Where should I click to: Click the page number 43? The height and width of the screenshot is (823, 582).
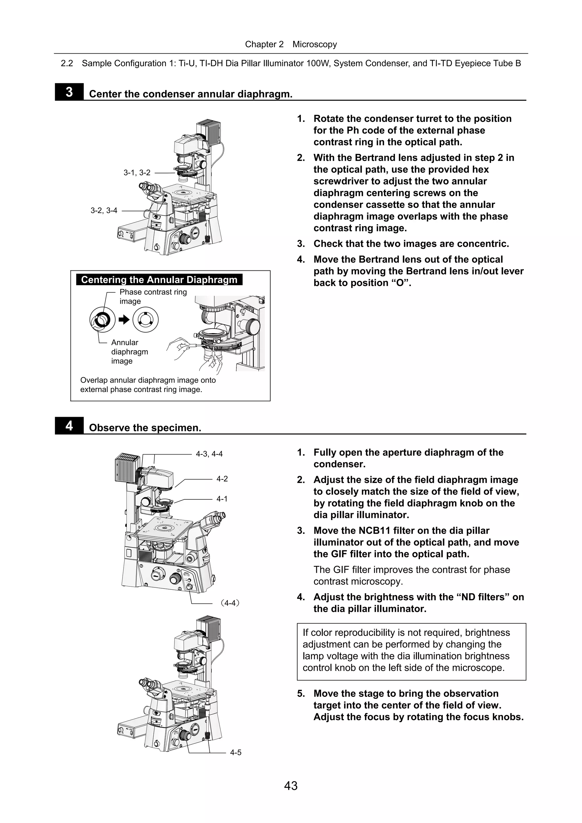[x=290, y=786]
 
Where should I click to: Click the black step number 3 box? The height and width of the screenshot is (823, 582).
[x=69, y=92]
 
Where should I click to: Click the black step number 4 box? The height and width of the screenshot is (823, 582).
[x=69, y=426]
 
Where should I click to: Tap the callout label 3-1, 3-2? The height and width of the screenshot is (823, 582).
[x=137, y=173]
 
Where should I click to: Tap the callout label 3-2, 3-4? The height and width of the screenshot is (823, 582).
[x=104, y=211]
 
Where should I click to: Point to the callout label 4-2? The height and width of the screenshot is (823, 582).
[x=222, y=479]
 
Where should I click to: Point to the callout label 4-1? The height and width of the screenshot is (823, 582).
[x=222, y=499]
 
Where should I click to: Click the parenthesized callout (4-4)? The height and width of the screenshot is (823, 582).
[x=230, y=603]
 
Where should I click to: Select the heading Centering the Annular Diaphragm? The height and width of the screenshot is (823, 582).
[x=159, y=280]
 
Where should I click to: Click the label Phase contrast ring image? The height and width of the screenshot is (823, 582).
[x=153, y=296]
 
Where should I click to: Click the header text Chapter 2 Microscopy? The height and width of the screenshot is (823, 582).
[x=291, y=44]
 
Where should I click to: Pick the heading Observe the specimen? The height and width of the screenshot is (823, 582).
[x=145, y=428]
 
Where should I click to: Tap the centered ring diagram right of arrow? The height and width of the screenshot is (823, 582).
[x=145, y=320]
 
